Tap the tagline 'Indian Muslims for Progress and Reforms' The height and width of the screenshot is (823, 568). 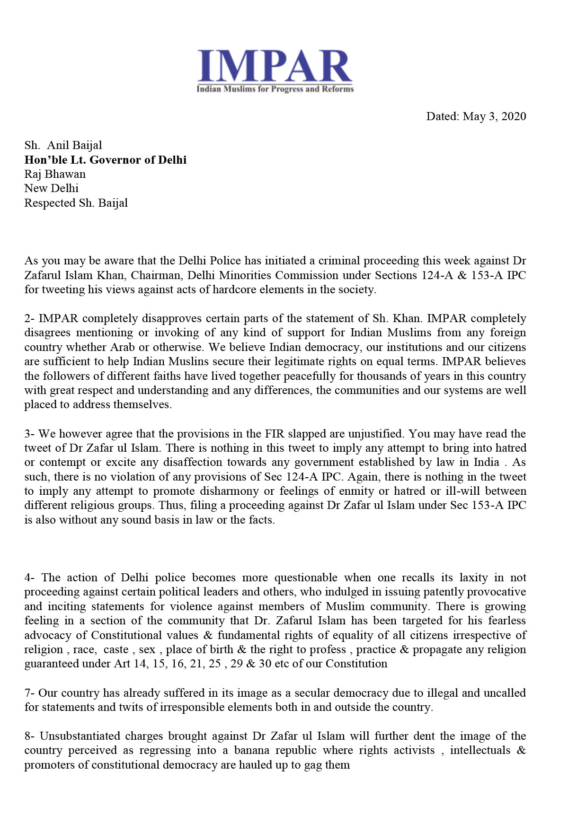point(275,89)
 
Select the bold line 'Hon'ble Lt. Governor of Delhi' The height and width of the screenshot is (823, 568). point(106,160)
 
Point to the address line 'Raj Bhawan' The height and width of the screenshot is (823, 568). point(55,174)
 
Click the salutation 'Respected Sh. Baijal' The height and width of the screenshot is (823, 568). point(76,203)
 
